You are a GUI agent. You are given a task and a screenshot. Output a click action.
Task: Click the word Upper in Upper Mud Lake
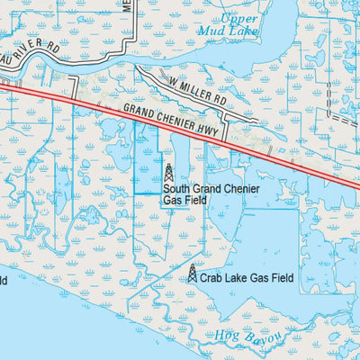(239, 19)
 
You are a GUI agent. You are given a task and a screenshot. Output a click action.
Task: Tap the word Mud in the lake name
(228, 31)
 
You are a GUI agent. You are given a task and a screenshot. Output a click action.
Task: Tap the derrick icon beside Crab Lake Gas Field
(192, 273)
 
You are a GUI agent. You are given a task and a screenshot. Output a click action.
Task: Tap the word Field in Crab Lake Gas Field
(281, 279)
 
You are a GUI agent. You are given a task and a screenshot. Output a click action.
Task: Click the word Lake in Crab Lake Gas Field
(238, 279)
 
